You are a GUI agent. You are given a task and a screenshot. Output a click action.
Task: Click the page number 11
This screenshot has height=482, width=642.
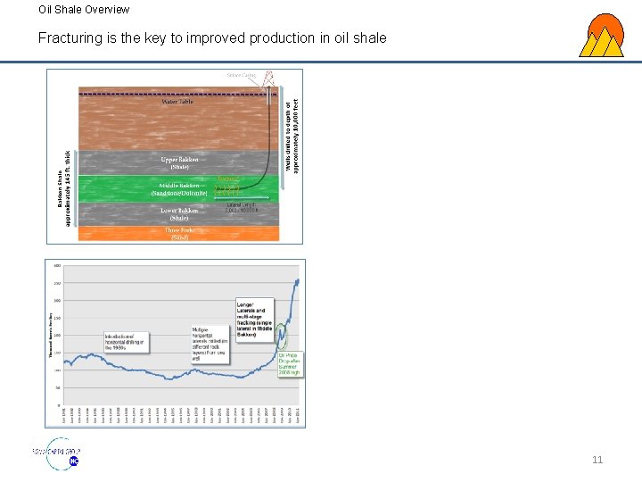coord(597,460)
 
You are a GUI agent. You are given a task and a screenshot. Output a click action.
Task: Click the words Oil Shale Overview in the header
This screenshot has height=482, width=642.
coord(84,10)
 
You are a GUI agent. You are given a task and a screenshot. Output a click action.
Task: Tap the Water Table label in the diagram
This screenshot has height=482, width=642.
coord(177,102)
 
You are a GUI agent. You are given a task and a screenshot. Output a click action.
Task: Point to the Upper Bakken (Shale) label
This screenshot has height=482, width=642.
coord(179,162)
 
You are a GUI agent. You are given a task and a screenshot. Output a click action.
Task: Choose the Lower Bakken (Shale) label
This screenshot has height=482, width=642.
coord(179,214)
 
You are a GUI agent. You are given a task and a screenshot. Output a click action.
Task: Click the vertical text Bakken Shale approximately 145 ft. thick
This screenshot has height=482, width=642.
coord(64,188)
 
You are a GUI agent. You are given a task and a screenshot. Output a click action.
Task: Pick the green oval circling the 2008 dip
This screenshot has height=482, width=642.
coord(283,337)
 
